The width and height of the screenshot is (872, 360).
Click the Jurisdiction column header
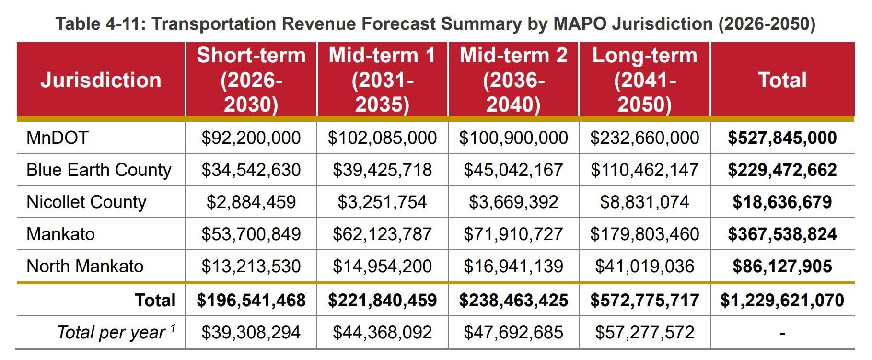[101, 80]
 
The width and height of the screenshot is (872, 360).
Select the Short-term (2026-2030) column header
[251, 80]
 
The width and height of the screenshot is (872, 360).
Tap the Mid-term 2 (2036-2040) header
[513, 80]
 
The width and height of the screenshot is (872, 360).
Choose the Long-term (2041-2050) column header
[644, 80]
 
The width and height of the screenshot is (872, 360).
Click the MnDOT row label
[58, 138]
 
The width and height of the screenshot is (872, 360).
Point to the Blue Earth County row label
[99, 170]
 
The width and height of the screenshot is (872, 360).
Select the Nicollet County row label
[86, 202]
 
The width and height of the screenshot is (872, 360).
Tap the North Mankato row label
[85, 267]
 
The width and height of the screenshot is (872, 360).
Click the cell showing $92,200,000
[251, 138]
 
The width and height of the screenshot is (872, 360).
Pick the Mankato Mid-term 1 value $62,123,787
[382, 234]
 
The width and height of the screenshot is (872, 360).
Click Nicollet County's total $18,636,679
[782, 202]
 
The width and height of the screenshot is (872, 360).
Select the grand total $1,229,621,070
[782, 301]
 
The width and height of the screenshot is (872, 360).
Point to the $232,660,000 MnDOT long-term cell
[644, 138]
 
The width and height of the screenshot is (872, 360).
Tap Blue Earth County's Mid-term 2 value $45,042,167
[513, 170]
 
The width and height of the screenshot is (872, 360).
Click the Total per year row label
[116, 332]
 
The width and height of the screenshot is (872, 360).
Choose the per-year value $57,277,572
[644, 332]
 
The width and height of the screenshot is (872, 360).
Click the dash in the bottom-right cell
[782, 333]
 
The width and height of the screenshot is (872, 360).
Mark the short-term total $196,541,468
[251, 301]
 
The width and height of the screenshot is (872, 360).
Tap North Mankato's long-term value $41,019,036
[644, 267]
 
